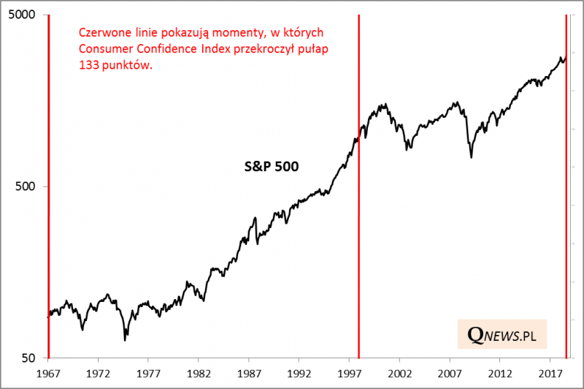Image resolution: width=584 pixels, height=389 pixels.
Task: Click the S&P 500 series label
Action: pos(272,166)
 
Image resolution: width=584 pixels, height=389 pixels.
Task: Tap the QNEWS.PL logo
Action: pos(502,336)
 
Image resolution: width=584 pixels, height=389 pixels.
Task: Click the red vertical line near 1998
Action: pos(359,219)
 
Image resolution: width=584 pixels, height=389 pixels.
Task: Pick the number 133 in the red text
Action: pos(87,64)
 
